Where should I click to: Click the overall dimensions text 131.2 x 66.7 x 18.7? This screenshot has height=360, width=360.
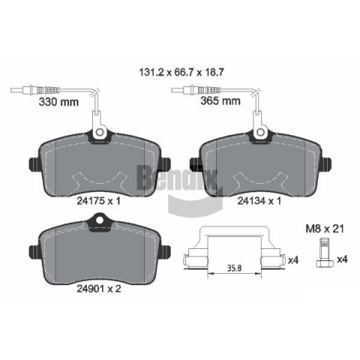(181, 73)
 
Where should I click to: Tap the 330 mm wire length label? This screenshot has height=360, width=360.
(58, 102)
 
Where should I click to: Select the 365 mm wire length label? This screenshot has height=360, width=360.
(220, 101)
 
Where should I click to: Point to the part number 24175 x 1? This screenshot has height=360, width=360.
(98, 201)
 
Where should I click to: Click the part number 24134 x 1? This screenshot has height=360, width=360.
(259, 201)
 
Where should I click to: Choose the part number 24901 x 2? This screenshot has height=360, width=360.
(99, 289)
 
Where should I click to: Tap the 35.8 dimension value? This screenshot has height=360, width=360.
(234, 268)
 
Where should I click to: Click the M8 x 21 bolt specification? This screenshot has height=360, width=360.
(325, 229)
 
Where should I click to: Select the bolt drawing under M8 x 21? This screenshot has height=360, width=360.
(325, 253)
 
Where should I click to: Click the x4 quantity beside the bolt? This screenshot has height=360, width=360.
(342, 259)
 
